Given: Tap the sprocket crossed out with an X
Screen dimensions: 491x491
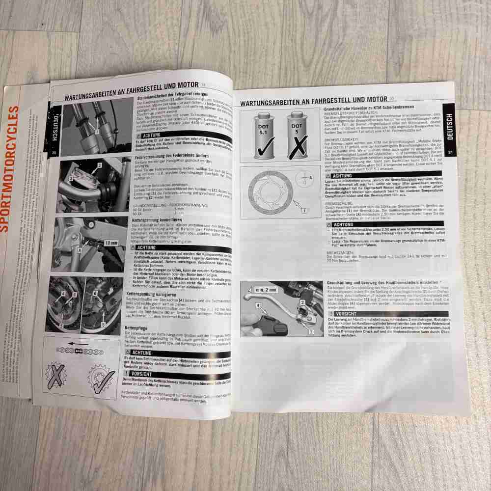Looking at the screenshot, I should click(x=58, y=378).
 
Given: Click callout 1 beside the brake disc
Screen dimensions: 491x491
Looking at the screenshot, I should click(x=304, y=211).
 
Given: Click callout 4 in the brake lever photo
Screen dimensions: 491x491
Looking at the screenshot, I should click(x=257, y=306).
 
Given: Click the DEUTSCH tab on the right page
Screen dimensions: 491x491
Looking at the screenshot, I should click(x=450, y=126).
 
